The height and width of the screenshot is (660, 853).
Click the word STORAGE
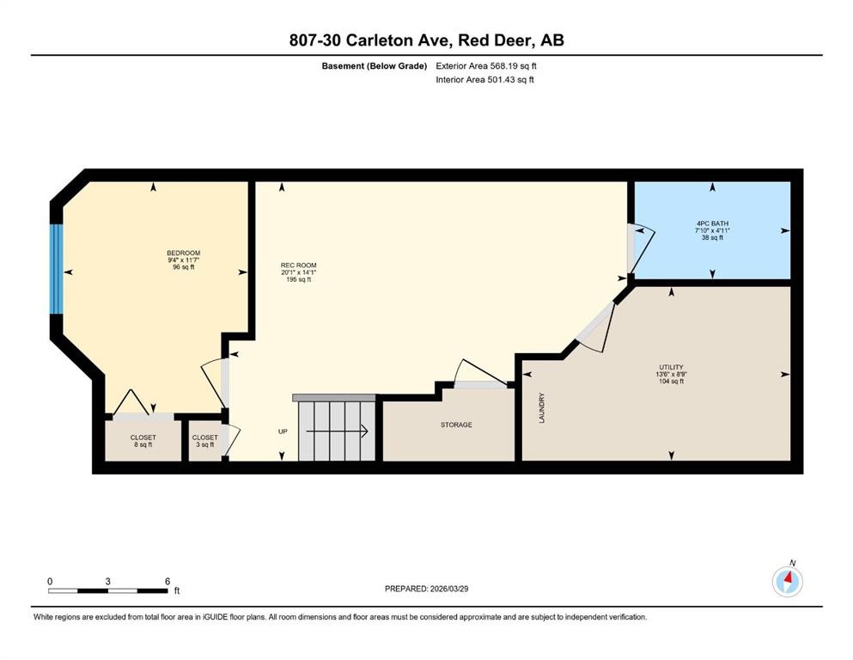(x=456, y=425)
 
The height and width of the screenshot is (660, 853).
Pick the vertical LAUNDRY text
(x=542, y=407)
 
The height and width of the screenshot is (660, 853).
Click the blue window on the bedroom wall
(x=58, y=269)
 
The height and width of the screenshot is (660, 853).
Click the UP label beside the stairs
(x=283, y=431)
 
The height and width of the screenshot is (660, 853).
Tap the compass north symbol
(x=787, y=581)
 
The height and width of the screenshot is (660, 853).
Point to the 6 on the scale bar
(x=167, y=581)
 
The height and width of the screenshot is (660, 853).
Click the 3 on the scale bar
(x=108, y=581)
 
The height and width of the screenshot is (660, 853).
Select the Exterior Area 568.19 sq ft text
(x=487, y=65)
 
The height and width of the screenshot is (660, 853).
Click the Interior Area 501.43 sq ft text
(x=486, y=80)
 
